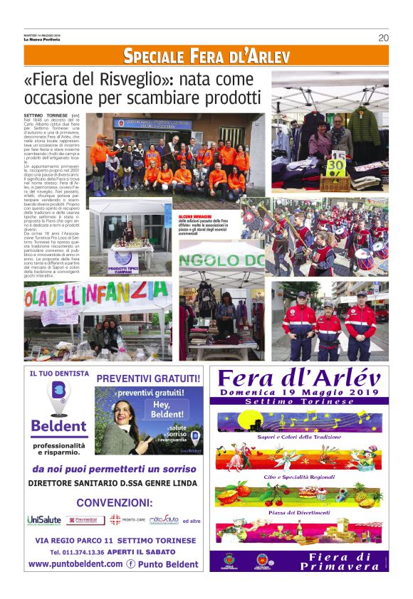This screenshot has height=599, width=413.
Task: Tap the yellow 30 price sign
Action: click(x=335, y=169)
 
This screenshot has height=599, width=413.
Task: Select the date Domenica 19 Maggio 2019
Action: click(x=299, y=391)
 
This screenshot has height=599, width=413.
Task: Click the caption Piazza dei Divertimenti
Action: click(x=299, y=512)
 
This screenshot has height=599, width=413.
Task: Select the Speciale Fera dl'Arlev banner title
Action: click(x=206, y=55)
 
